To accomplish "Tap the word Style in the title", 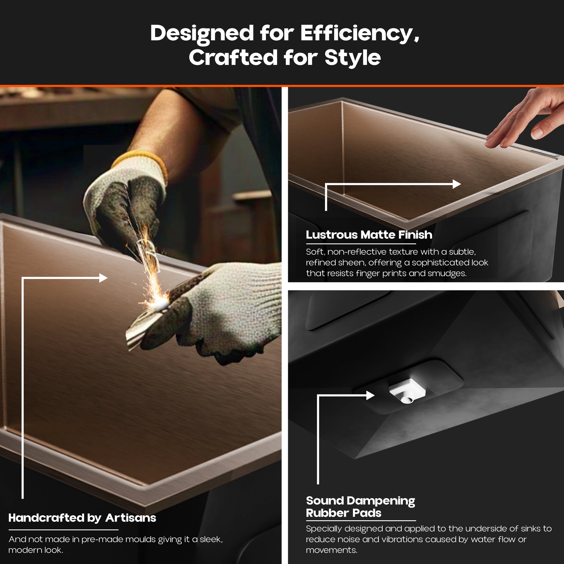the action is point(353,57).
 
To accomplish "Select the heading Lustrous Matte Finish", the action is point(369,235).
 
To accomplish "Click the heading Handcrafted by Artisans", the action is point(82,518).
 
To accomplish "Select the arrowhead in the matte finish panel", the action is point(456,184).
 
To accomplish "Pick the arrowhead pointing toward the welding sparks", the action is point(103,278).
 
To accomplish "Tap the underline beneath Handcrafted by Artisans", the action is point(63,530).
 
